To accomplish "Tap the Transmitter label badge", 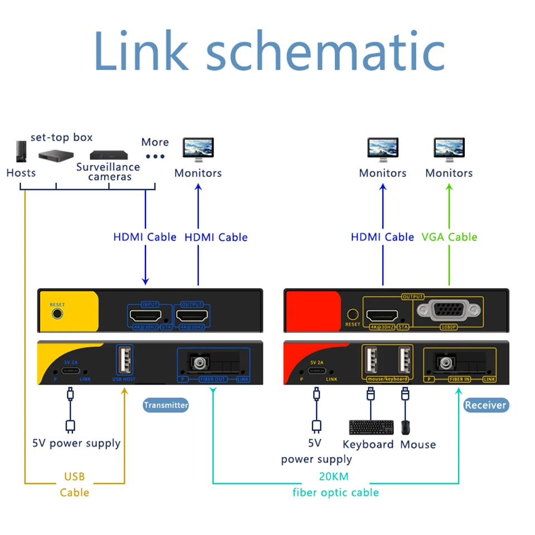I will [166, 405].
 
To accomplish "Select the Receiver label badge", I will [485, 405].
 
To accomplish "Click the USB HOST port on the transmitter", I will [124, 361].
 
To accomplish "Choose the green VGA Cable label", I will [449, 237].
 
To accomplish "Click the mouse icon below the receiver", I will [407, 427].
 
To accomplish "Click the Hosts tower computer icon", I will [21, 152].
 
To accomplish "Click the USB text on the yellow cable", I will [74, 477].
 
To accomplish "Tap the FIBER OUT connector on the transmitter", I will [198, 363].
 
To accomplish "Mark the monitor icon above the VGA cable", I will [449, 149].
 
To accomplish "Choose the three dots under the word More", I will [155, 156].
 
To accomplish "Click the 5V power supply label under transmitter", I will [76, 444].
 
